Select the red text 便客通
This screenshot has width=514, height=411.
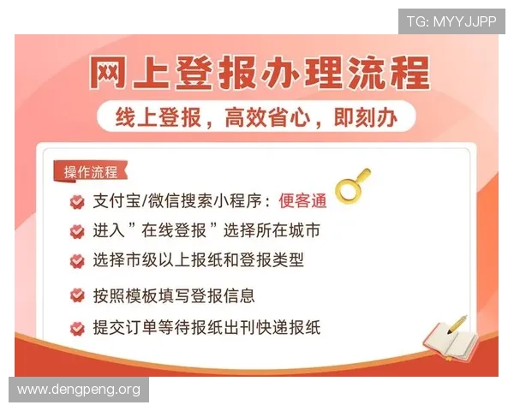[302, 201]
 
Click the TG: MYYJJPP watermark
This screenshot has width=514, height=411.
[451, 21]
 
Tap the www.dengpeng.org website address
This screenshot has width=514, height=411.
[79, 390]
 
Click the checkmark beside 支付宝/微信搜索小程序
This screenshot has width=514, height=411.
[77, 202]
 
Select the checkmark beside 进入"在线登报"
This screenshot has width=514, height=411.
[77, 231]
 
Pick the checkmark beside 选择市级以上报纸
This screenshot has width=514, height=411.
[77, 259]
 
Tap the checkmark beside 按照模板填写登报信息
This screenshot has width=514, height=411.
[77, 296]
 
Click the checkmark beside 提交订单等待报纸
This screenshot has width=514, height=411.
[77, 327]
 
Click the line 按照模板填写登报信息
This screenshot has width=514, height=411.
[174, 296]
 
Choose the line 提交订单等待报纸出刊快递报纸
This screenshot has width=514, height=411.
[206, 327]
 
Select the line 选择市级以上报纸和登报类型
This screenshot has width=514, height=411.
[198, 259]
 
